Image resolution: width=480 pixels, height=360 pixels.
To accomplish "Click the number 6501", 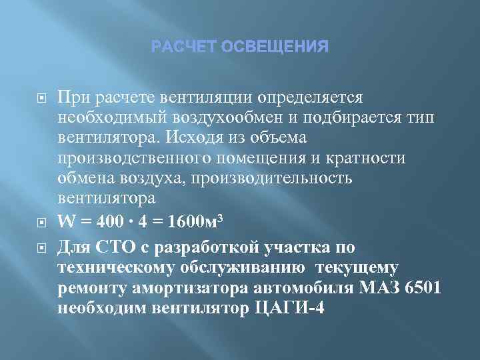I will click(424, 287).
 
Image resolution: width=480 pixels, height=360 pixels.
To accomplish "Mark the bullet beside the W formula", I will click(39, 221).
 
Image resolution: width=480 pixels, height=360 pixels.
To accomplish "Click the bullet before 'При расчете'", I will click(39, 98).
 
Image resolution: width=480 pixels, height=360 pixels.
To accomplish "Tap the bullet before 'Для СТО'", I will click(39, 248).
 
